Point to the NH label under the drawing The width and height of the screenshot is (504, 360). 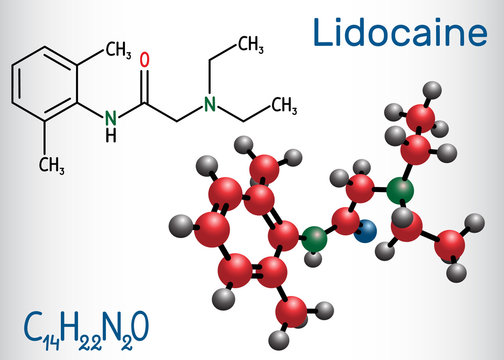[x=113, y=127]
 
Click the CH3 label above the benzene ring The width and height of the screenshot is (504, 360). [x=118, y=47]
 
